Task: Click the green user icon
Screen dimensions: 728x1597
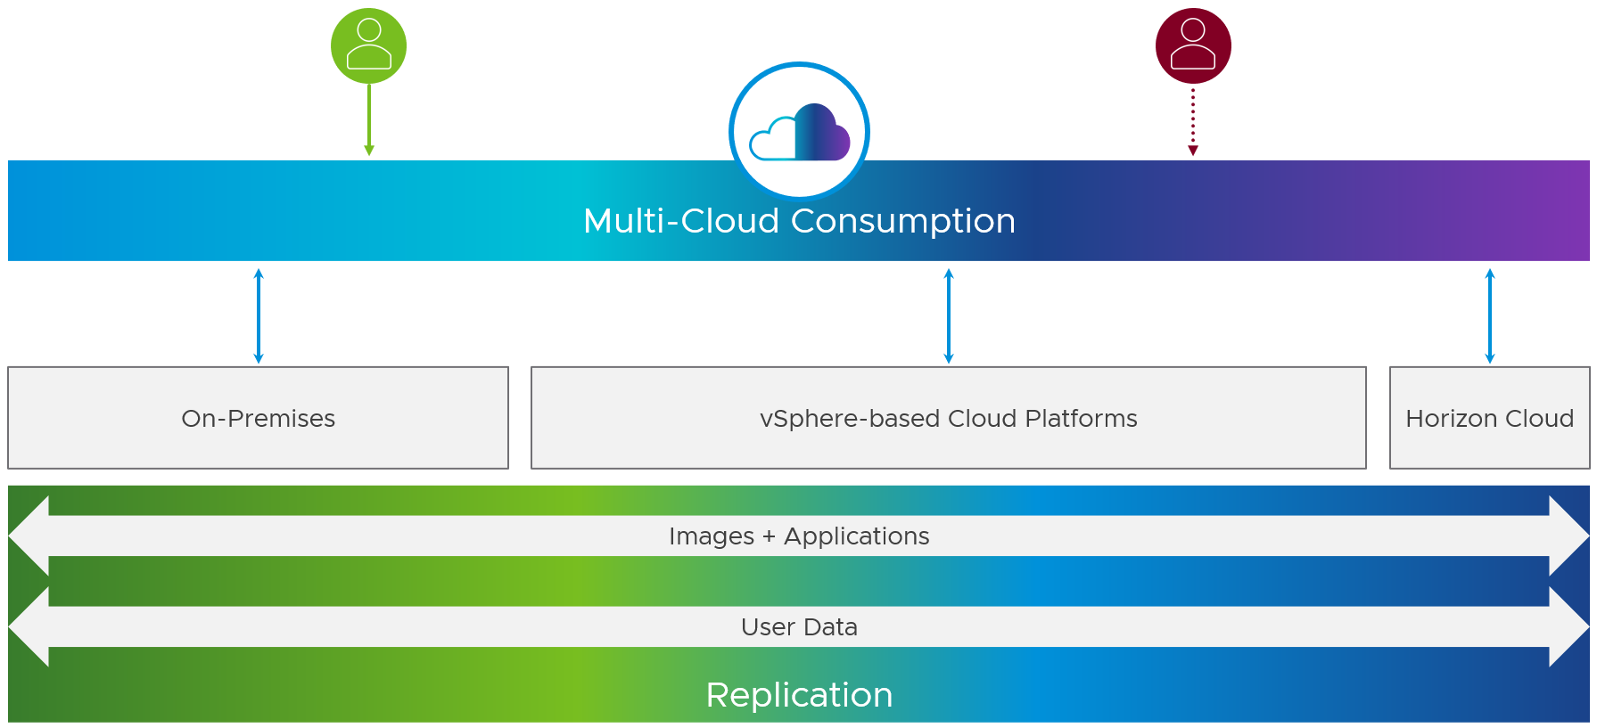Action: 368,45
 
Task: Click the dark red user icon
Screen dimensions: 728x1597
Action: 1193,45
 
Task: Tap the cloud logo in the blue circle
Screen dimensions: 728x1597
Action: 799,133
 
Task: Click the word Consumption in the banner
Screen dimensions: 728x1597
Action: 903,221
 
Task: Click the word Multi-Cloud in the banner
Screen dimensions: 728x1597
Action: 681,221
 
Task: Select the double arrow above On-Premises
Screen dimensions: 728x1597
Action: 259,315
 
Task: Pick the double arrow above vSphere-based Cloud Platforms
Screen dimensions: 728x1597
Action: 949,315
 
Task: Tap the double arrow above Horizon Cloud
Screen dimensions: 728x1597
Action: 1489,315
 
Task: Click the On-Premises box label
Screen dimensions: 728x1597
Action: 259,419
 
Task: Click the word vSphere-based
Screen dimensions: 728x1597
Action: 850,419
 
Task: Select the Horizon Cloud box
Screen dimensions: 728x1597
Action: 1489,419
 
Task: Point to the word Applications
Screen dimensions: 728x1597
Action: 856,536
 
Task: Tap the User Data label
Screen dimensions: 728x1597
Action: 799,627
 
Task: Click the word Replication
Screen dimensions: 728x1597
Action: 799,695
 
